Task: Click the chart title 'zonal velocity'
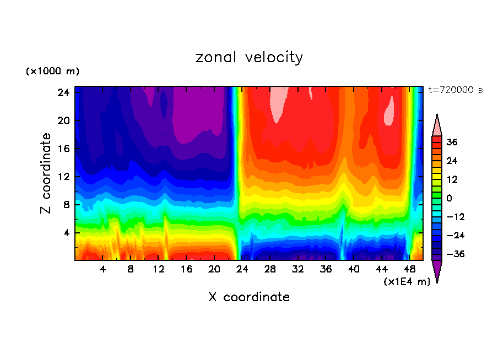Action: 249,57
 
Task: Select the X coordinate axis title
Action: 249,297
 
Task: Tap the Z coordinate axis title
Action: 47,173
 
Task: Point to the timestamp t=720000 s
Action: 455,90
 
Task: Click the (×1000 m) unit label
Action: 52,72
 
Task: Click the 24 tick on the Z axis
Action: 62,92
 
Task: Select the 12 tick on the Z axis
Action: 62,177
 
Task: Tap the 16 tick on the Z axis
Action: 62,149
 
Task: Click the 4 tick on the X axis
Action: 103,270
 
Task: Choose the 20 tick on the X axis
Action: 214,270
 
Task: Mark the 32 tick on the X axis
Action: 298,270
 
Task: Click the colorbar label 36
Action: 452,142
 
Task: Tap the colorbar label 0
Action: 449,198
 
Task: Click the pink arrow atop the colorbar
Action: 437,125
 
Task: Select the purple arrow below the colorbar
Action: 437,271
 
